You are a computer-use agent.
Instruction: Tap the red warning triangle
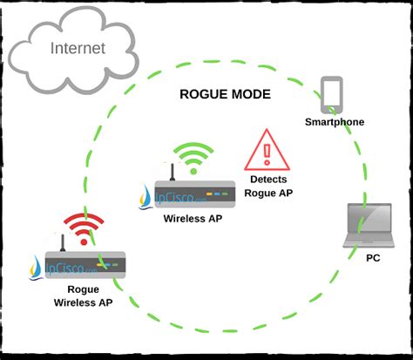coord(267,150)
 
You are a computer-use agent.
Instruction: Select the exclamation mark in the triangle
coord(267,153)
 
